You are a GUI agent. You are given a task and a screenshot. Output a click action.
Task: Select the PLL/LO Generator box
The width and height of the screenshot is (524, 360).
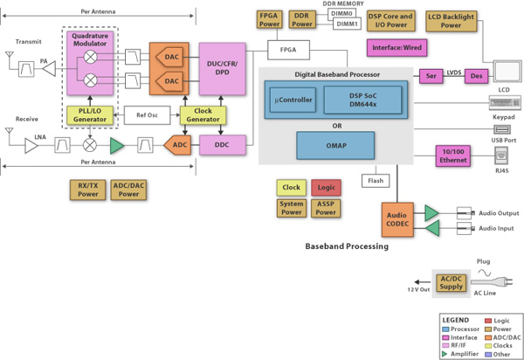click(90, 114)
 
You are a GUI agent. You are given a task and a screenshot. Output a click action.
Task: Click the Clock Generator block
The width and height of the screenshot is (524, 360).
click(202, 114)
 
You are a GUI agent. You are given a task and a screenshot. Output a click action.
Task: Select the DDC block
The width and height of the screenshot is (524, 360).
click(222, 145)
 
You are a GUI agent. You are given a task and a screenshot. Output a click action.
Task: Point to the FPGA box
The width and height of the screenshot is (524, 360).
click(287, 50)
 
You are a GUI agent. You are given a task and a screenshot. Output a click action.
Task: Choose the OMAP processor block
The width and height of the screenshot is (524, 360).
click(335, 144)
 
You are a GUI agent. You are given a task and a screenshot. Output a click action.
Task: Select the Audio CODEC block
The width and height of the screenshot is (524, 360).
click(397, 220)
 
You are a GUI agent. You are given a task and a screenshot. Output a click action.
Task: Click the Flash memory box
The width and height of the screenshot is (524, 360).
click(375, 182)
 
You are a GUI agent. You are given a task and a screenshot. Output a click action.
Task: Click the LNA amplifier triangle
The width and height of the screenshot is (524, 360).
click(31, 146)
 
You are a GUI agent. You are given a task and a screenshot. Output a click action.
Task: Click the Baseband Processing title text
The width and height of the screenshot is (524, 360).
click(346, 246)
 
